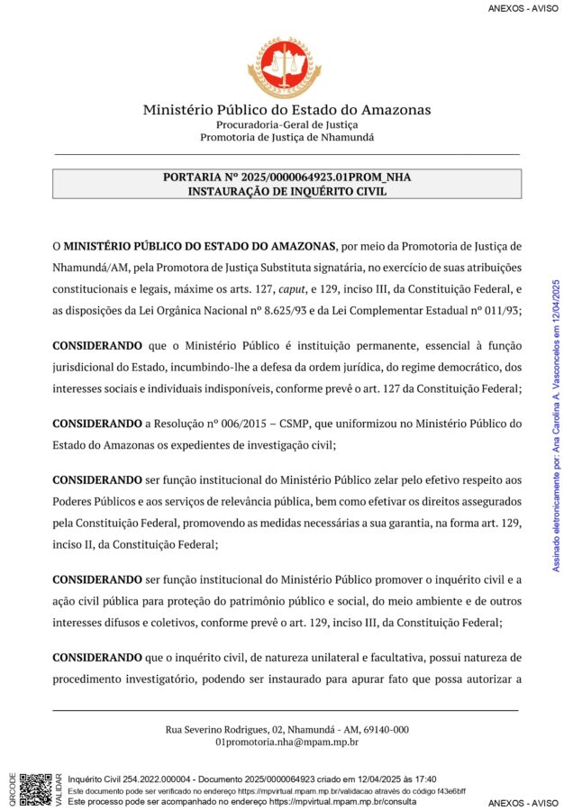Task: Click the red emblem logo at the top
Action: coord(286,68)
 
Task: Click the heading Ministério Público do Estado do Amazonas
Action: coord(286,110)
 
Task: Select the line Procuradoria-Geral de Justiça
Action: coord(286,124)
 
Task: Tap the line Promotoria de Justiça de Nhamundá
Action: coord(286,137)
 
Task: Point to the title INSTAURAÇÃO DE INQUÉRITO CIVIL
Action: coord(286,191)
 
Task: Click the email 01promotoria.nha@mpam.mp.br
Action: coord(286,743)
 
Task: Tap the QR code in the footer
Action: coord(35,788)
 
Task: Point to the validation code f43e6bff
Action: coord(447,790)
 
